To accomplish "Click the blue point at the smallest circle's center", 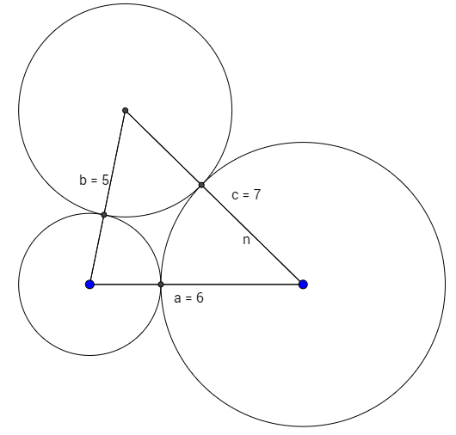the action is coord(89,285).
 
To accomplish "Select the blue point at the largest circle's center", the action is coord(303,285).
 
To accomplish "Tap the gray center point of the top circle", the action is coord(126,110).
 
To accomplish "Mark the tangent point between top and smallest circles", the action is coord(104,215).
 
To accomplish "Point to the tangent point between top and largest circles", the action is coord(201,185).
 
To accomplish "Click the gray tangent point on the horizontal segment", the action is coord(161,285).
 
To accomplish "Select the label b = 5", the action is coord(94,180).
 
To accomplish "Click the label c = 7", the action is coord(246,194).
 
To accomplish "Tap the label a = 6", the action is coord(188,298).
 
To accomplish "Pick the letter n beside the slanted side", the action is coord(246,241).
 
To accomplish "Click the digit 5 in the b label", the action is coord(105,180).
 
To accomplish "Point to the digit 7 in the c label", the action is coord(256,194).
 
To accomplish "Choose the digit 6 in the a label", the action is coord(200,298).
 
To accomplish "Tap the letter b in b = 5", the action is coord(83,180).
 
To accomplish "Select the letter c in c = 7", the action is coord(235,195).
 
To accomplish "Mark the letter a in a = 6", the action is coord(177,298).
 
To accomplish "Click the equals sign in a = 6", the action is coord(188,298).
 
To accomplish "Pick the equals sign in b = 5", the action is coord(94,181).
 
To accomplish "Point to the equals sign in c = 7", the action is coord(246,195).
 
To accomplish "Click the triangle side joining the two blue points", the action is coord(196,285).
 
